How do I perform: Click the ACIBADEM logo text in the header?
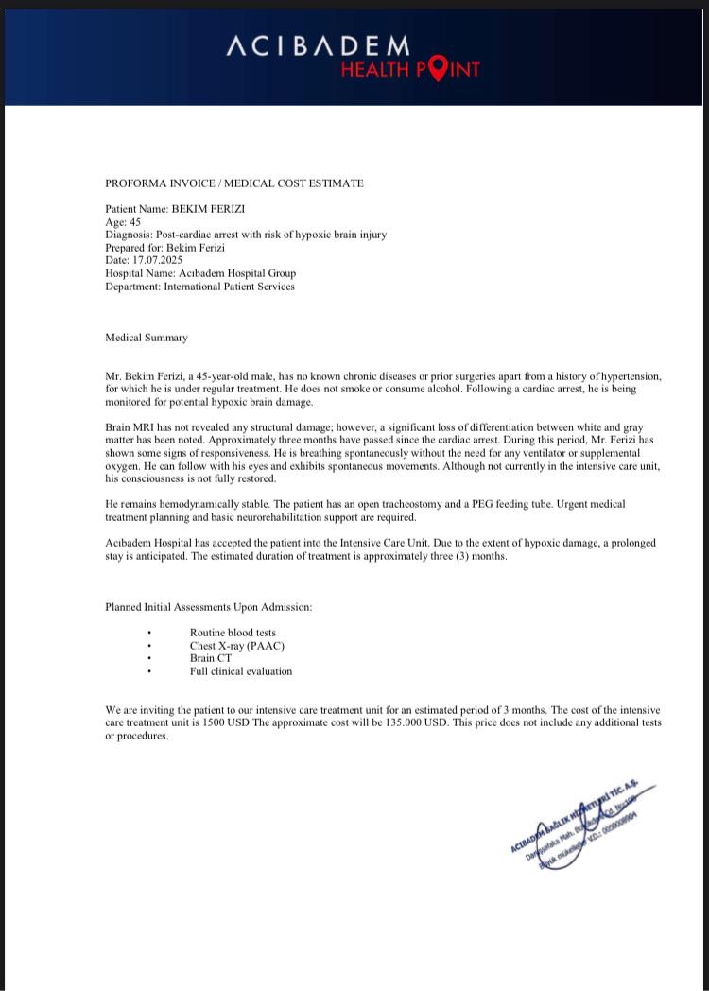(318, 45)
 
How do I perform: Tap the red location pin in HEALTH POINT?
(438, 69)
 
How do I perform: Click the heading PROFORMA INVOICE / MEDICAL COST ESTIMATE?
(233, 183)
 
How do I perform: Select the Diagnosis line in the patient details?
(245, 235)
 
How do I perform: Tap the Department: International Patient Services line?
(199, 287)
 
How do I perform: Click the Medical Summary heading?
(147, 338)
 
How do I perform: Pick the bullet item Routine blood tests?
(233, 632)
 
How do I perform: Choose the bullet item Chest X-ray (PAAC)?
(236, 645)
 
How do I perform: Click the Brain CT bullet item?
(210, 658)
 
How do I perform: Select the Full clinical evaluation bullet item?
(241, 671)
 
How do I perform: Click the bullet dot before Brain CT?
(149, 658)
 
